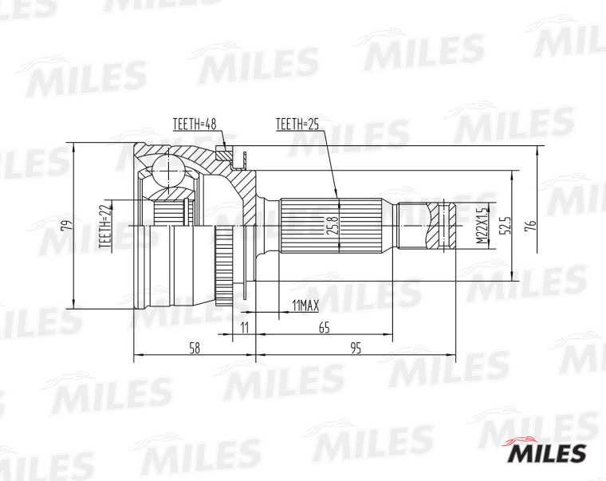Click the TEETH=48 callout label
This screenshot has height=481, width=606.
(195, 124)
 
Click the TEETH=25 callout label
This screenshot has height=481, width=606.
(297, 124)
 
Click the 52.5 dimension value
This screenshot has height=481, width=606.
(504, 226)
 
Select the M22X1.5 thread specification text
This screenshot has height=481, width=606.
(482, 226)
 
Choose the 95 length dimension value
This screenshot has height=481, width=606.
(356, 349)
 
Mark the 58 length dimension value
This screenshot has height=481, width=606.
(194, 349)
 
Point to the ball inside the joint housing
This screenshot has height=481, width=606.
(169, 170)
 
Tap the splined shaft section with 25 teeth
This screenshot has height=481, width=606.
(335, 226)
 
